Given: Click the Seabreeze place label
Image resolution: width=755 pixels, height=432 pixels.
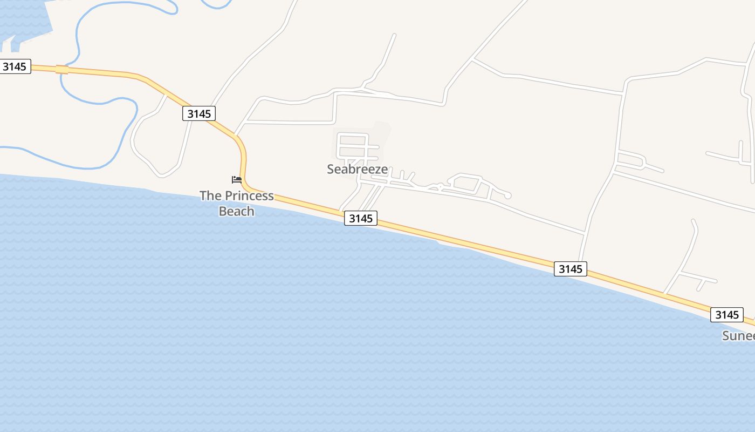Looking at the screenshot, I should pos(357,169).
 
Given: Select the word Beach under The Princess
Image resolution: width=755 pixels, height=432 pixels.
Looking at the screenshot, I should pos(236,211).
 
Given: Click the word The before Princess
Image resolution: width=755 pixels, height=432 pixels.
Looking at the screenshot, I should pos(211,195).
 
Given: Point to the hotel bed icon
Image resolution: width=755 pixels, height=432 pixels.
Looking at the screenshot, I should pos(236,179).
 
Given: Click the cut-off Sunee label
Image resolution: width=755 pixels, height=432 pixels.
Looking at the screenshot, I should pos(738,335).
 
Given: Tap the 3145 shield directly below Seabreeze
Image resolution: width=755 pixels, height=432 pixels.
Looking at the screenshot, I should pos(360,218).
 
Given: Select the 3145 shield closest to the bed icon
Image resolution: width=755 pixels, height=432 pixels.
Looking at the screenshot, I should pos(198,113).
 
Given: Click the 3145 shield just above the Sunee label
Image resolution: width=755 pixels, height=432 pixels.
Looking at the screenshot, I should pos(726,314).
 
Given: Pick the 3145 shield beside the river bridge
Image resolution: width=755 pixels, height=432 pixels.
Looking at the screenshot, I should pos(15,66).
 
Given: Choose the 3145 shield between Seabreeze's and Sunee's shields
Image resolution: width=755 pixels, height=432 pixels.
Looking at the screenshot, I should pos(570,268).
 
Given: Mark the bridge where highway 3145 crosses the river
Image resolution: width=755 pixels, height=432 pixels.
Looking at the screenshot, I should pos(62,70).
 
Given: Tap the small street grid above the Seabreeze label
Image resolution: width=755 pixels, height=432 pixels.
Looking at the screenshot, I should pos(353,146).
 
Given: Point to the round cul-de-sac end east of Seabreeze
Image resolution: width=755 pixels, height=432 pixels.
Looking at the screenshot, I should pos(507,195).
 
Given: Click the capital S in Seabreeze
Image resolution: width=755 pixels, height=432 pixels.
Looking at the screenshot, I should pos(331,169).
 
